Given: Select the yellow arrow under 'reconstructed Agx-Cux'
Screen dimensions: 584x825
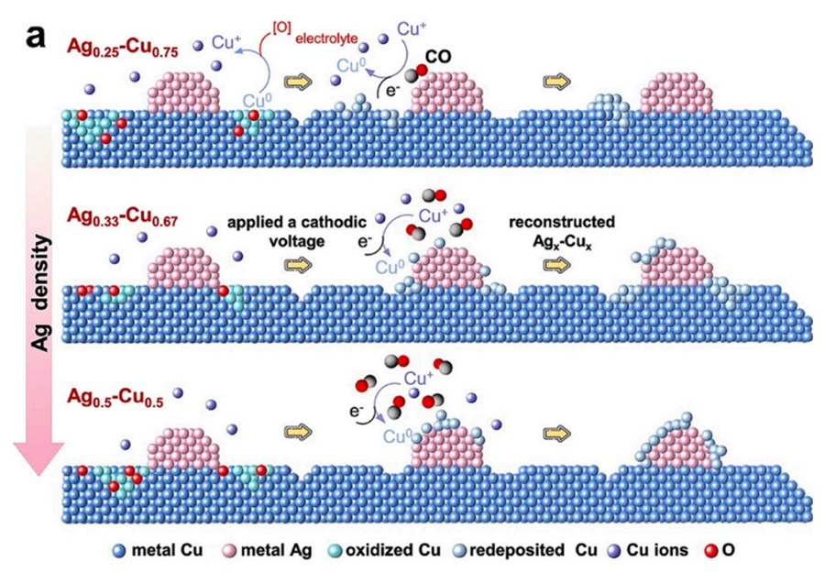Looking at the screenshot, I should [x=554, y=264].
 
